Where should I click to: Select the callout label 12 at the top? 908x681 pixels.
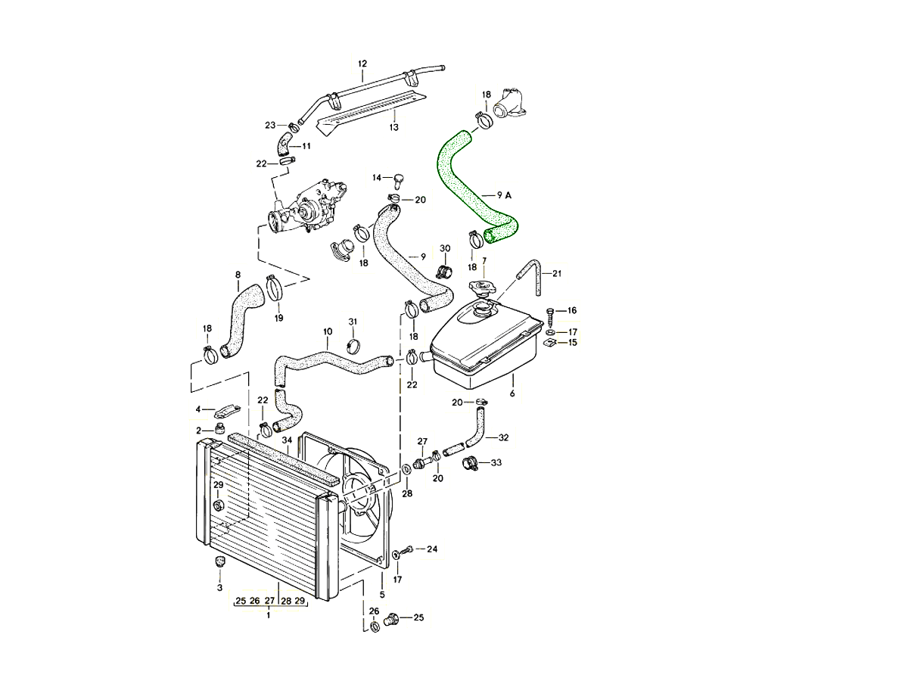[x=362, y=64]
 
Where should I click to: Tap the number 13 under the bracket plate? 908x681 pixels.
[x=393, y=127]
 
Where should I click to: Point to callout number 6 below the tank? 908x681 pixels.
[x=512, y=394]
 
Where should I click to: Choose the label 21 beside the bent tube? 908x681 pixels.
[x=557, y=273]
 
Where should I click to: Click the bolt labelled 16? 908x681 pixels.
[x=550, y=312]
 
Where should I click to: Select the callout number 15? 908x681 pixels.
[x=573, y=343]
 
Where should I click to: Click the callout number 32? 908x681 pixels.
[x=504, y=437]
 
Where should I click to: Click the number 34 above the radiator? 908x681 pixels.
[x=287, y=440]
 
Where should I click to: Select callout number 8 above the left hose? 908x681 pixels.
[x=238, y=275]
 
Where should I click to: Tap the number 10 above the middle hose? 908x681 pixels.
[x=328, y=332]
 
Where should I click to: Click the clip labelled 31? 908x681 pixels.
[x=352, y=345]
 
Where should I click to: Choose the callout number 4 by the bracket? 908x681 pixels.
[x=198, y=409]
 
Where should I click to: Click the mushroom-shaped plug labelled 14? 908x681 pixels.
[x=396, y=179]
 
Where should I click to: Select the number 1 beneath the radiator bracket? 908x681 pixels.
[x=268, y=616]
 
